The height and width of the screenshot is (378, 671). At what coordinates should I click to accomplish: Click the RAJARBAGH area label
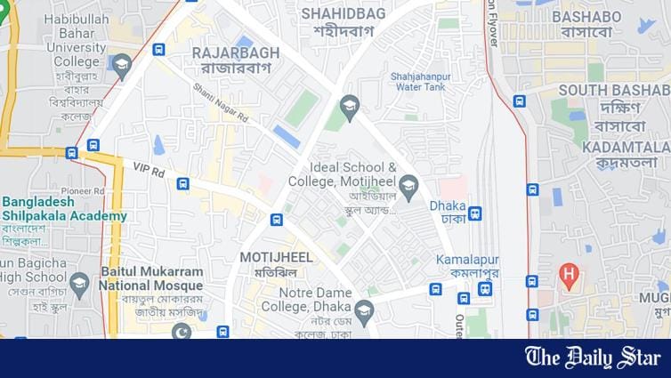point(236,52)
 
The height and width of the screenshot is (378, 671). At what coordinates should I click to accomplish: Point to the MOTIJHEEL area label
point(276,257)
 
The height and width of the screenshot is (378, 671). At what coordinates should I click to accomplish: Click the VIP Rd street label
point(149,169)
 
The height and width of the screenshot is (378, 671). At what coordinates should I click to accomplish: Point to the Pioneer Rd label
point(83,190)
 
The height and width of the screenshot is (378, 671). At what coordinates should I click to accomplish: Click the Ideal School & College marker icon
point(408,184)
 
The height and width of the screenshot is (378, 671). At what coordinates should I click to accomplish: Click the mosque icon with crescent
point(182,333)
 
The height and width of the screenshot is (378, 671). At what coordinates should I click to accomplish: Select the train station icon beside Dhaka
point(475,213)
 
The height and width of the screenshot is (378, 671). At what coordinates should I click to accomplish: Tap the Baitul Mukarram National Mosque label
point(150,278)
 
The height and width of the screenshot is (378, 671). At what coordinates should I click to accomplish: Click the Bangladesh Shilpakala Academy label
point(63,209)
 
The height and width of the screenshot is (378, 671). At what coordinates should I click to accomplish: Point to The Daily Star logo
point(592,358)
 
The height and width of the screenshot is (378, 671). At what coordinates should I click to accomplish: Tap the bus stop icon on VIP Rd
point(182,184)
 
